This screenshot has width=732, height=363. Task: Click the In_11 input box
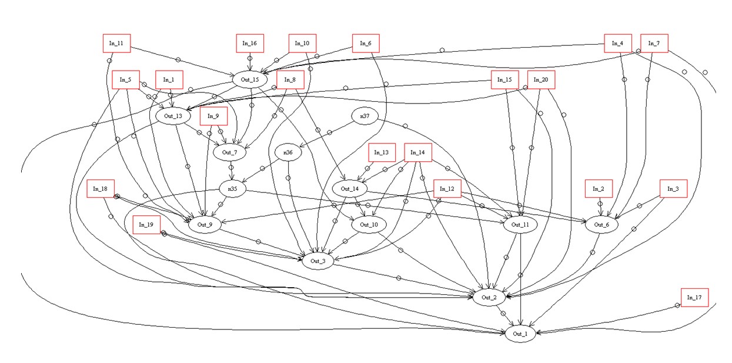coord(116,44)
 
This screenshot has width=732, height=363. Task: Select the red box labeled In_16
coord(250,43)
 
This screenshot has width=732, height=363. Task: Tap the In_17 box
coord(694,297)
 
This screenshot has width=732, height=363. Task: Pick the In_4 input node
coord(617,43)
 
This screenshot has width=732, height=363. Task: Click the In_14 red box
coord(417,152)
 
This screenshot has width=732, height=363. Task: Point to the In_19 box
coord(146,225)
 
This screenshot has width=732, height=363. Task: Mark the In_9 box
coord(213,116)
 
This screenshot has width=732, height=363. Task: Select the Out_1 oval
coord(520,334)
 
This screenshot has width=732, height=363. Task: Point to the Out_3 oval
coord(318,261)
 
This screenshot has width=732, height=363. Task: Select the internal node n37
coord(365,116)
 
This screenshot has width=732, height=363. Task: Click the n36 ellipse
coord(288,152)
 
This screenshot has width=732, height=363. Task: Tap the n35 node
coord(232,188)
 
